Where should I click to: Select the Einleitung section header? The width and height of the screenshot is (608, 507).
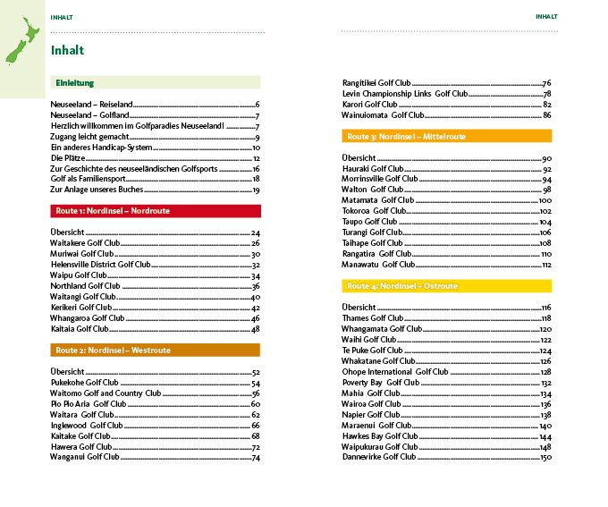pos(75,83)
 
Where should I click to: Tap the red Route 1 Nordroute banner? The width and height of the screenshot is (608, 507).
pos(156,211)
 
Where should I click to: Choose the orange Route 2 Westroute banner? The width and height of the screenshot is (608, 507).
pos(156,351)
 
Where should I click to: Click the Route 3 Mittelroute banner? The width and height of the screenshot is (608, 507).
pos(446,137)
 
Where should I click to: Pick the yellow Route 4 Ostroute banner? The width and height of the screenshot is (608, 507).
pos(446,286)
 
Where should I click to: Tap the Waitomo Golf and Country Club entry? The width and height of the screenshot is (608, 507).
pos(106,393)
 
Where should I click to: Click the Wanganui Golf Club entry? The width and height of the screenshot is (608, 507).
pos(85,457)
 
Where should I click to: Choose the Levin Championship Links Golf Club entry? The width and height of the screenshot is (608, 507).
pos(405,94)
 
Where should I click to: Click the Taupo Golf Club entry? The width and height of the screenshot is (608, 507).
pos(369,222)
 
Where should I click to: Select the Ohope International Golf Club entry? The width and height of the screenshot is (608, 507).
pos(395,371)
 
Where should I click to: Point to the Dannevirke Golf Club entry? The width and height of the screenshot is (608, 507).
pos(379,457)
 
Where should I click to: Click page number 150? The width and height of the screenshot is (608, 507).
pos(545,457)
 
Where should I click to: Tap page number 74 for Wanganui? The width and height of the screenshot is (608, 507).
pos(255,457)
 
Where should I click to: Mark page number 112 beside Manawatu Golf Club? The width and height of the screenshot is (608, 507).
pos(545,265)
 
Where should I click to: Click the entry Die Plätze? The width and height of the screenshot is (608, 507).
pos(68,157)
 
